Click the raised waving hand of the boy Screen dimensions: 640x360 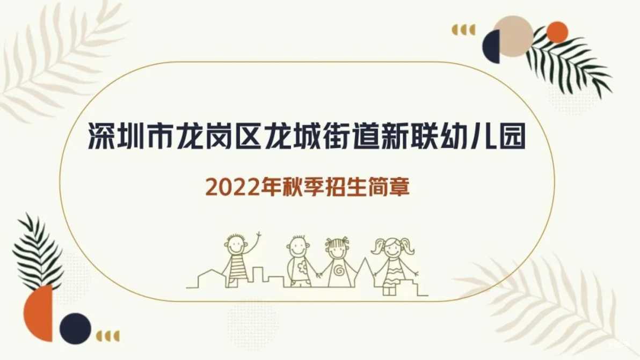258,237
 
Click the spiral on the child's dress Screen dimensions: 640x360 339,270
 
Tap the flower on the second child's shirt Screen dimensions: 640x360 302,268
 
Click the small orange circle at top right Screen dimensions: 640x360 557,32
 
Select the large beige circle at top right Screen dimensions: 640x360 513,36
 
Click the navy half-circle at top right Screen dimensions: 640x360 492,47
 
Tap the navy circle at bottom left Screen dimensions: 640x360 76,328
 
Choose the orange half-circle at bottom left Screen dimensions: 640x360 39,313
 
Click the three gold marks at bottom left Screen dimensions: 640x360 108,336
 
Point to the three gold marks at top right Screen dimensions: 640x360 464,30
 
